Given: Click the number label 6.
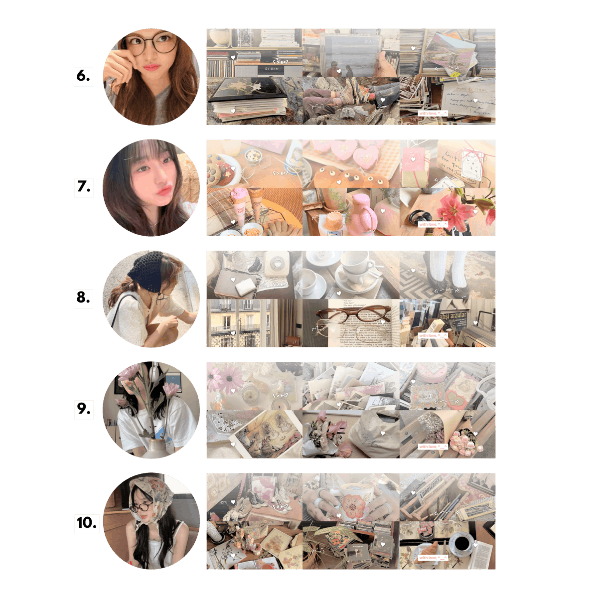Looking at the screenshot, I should [x=83, y=76].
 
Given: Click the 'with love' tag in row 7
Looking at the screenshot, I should [x=433, y=224].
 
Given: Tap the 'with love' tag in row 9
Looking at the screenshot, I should [x=433, y=447].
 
